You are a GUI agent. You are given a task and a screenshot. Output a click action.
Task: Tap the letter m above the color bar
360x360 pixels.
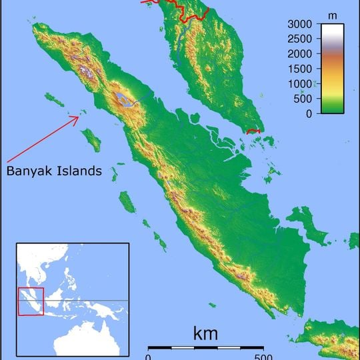333,14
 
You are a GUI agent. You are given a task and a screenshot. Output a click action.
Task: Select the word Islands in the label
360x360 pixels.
81,171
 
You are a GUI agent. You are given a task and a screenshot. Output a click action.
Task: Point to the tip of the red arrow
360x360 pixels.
80,117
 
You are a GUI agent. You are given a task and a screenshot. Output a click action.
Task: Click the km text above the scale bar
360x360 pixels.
205,333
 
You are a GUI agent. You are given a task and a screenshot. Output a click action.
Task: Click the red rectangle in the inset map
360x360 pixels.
31,301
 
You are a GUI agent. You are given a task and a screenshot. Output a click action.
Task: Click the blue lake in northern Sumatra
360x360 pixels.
123,101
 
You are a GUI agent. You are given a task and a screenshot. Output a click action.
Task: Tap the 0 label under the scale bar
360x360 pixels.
148,355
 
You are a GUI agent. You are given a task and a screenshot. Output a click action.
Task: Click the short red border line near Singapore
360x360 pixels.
253,131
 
